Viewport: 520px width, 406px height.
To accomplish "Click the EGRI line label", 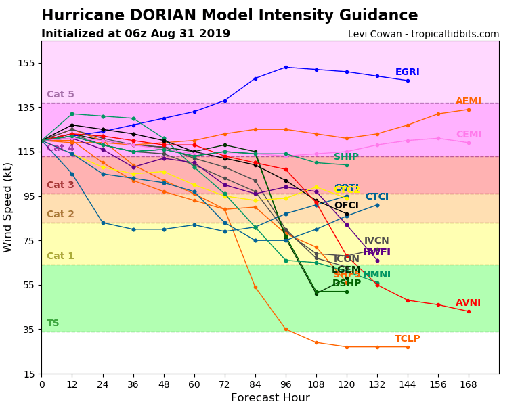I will pos(407,72).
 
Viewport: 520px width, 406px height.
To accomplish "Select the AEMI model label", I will pos(469,101).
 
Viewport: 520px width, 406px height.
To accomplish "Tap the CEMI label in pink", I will pos(469,135).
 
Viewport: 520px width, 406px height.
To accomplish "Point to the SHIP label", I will pos(346,157).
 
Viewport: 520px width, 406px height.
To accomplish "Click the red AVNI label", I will pos(468,303).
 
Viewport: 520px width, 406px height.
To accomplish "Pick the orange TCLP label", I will pos(408,339).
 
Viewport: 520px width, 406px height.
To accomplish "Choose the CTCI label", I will pos(377,197).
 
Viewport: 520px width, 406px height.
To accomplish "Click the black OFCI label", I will pos(346,206).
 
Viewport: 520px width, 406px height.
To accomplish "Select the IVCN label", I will pos(376,241).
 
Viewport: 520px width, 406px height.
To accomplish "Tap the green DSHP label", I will pos(346,284).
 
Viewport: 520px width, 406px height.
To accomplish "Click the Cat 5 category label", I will pos(60,95).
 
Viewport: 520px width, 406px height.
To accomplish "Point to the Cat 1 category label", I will pos(60,256).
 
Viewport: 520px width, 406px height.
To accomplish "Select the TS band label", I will pos(53,323).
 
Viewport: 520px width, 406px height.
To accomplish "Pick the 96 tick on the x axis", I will pos(286,384).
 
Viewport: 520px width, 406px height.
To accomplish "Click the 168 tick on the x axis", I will pos(469,384).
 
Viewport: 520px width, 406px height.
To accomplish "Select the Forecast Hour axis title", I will pos(270,398).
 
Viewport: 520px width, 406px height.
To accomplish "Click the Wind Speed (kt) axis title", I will pos(8,207).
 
